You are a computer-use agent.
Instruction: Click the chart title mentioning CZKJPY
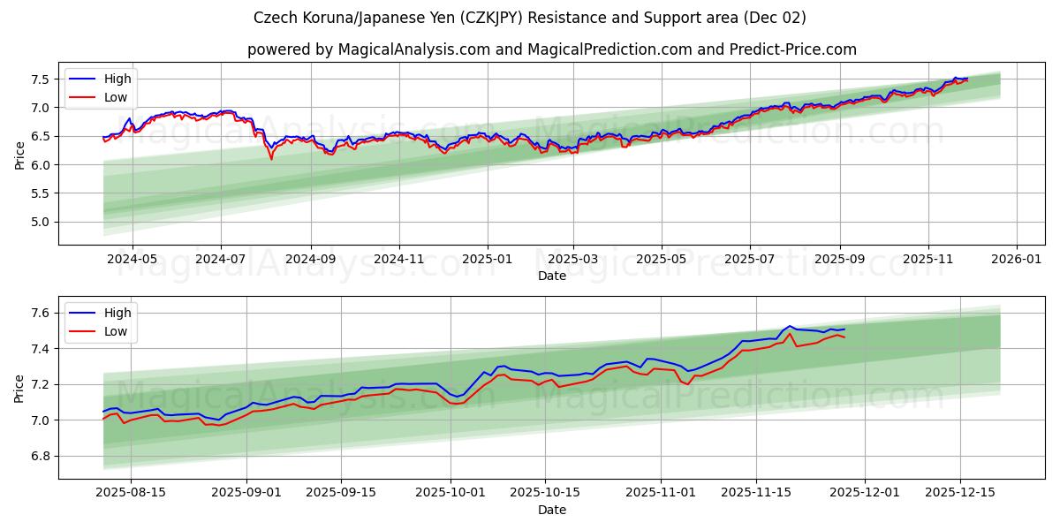[529, 18]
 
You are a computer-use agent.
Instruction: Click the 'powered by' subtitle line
[551, 49]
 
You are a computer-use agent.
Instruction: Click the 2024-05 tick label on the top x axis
[132, 260]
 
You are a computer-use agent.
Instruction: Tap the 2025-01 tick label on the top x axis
[488, 260]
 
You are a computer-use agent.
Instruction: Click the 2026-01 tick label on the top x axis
[1017, 260]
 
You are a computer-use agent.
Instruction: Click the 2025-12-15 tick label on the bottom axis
[959, 493]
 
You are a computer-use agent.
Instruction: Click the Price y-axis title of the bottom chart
[20, 389]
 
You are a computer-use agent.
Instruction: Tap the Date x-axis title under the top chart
[551, 276]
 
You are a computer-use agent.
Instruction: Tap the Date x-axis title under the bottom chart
[551, 510]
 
